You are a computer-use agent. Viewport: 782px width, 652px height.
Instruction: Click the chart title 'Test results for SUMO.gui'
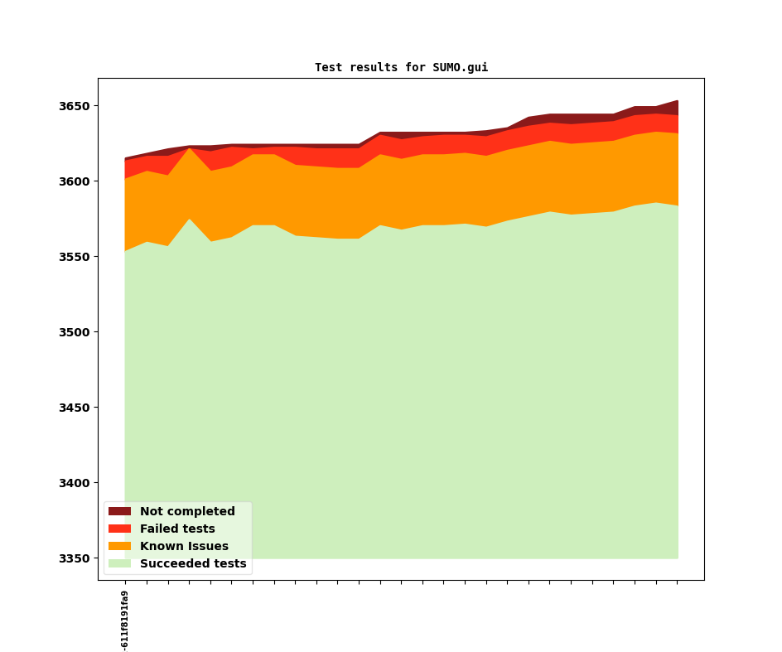(x=401, y=68)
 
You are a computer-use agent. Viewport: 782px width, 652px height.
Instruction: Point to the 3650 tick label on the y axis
(x=75, y=106)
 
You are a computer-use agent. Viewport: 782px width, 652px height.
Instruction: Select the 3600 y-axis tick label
(x=75, y=181)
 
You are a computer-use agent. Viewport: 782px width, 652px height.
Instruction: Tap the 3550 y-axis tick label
(x=75, y=257)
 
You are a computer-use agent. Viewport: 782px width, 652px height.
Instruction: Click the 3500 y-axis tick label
(x=75, y=332)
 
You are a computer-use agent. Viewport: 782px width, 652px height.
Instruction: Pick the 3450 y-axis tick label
(x=75, y=408)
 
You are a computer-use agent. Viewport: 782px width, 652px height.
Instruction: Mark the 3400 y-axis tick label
(x=75, y=483)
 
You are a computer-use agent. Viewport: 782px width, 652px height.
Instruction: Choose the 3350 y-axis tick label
(x=75, y=558)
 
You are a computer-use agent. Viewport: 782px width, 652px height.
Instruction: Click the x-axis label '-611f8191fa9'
(x=125, y=620)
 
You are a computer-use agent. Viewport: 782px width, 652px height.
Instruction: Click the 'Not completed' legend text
(x=187, y=512)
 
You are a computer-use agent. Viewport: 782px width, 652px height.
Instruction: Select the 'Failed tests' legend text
(x=177, y=529)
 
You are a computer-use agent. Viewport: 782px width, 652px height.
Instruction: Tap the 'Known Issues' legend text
(x=184, y=547)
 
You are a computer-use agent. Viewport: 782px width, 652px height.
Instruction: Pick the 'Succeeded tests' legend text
(x=193, y=564)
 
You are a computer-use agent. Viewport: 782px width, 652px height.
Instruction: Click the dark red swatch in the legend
(x=119, y=512)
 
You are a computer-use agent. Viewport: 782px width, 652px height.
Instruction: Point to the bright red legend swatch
(x=119, y=529)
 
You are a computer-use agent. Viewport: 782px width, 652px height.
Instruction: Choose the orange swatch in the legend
(x=119, y=547)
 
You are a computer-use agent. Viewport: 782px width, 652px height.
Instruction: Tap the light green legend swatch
(x=119, y=564)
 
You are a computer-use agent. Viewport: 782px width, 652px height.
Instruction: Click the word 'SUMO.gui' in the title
(x=460, y=68)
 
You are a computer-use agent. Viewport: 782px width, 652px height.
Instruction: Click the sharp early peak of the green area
(x=189, y=221)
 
